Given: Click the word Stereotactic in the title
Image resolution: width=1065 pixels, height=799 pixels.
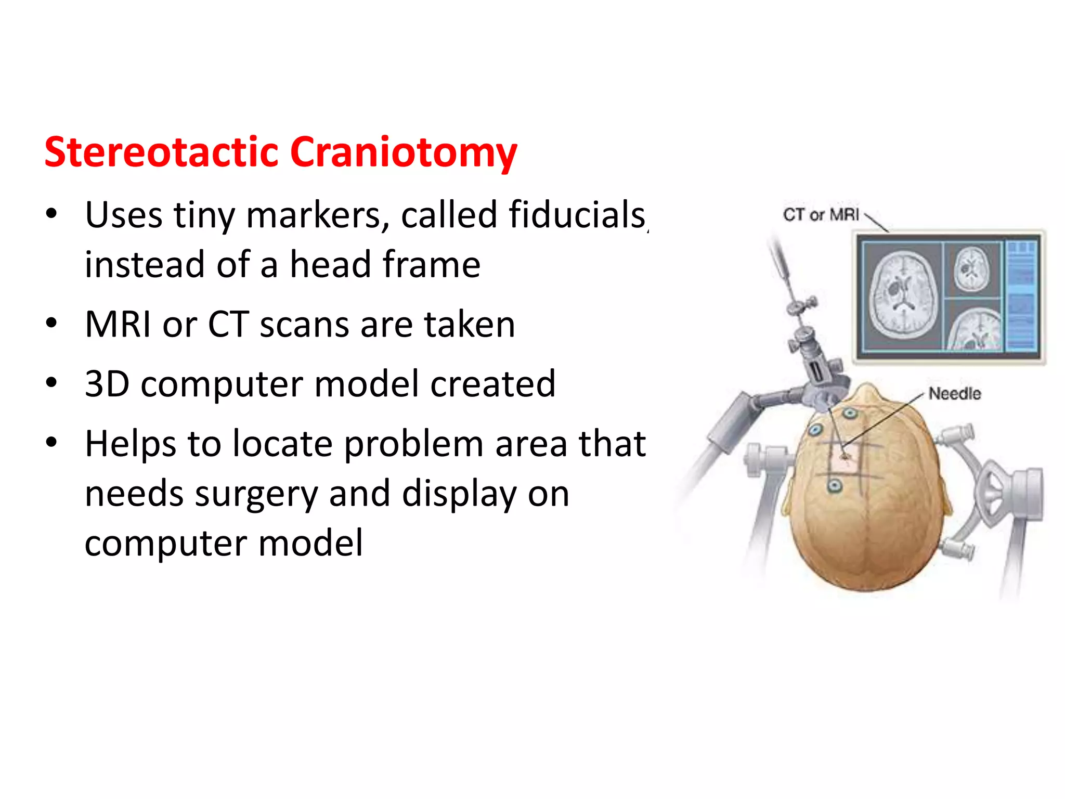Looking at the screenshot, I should tap(161, 153).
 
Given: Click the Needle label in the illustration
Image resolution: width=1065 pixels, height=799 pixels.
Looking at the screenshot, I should tap(955, 394).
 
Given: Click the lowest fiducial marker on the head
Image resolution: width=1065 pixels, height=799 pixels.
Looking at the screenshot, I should tap(835, 486).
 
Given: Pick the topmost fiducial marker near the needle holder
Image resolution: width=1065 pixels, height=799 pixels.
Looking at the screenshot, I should tap(850, 414).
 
